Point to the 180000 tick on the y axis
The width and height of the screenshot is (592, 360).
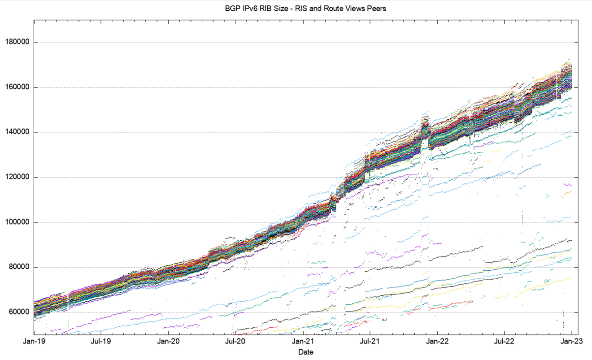pos(17,42)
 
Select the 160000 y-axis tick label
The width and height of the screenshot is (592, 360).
pos(17,87)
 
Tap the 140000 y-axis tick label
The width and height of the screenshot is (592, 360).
pos(17,132)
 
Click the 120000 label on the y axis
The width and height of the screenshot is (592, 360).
pos(17,177)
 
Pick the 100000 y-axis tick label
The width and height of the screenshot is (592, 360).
pos(17,222)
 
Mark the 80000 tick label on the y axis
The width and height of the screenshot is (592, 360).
pos(19,267)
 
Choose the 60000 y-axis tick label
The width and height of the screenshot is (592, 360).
pos(19,312)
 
